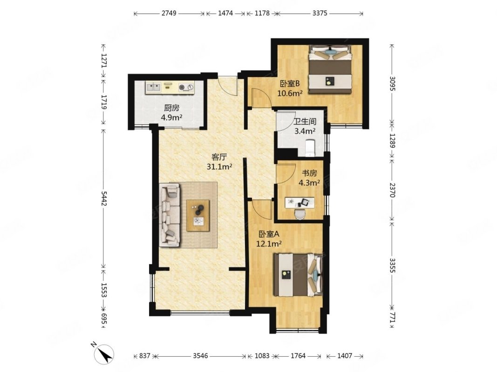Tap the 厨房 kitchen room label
[x=171, y=108]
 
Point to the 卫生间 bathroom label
[x=304, y=121]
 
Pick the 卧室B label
[x=289, y=84]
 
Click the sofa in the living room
[x=170, y=214]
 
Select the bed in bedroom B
[x=331, y=71]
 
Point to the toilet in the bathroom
[x=310, y=148]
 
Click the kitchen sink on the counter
[x=153, y=86]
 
